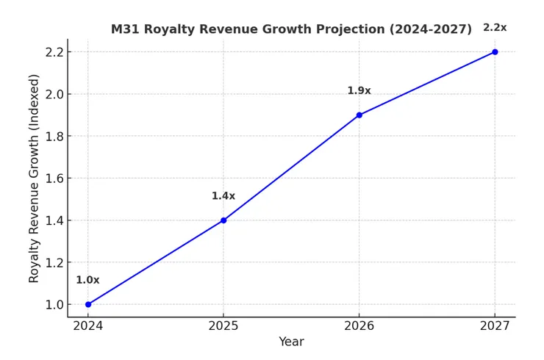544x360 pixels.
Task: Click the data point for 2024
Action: click(88, 304)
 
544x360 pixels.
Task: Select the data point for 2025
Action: click(223, 220)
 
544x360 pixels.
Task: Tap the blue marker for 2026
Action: click(359, 115)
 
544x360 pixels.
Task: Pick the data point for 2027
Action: click(495, 52)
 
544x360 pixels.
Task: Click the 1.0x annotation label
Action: click(87, 280)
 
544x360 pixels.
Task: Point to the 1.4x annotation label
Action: click(223, 196)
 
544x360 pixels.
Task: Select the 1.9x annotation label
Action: click(359, 91)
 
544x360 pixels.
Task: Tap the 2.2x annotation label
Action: click(495, 28)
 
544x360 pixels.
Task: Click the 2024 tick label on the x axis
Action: click(88, 325)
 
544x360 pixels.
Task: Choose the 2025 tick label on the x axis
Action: click(223, 325)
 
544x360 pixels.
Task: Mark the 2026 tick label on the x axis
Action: click(359, 325)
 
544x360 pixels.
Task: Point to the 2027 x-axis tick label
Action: click(495, 325)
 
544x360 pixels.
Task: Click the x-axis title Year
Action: click(291, 342)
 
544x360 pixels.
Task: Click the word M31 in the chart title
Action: click(126, 29)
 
